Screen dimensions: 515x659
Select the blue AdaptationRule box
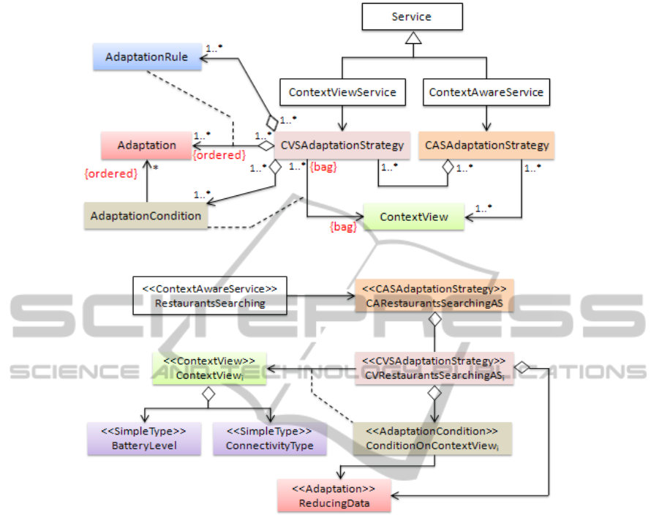tap(146, 56)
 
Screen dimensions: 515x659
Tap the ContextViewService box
tap(342, 92)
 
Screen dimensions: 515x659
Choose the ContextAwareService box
tap(486, 92)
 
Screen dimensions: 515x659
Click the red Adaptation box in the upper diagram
tap(146, 145)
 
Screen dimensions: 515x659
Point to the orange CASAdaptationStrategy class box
tap(486, 145)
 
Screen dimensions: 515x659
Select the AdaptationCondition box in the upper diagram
tap(146, 216)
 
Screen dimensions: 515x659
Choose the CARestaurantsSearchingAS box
tap(435, 294)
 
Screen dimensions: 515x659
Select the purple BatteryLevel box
tap(144, 439)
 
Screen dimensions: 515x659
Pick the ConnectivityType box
tap(270, 439)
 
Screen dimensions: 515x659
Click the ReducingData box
tap(333, 496)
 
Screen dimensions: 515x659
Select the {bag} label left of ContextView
tap(343, 227)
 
